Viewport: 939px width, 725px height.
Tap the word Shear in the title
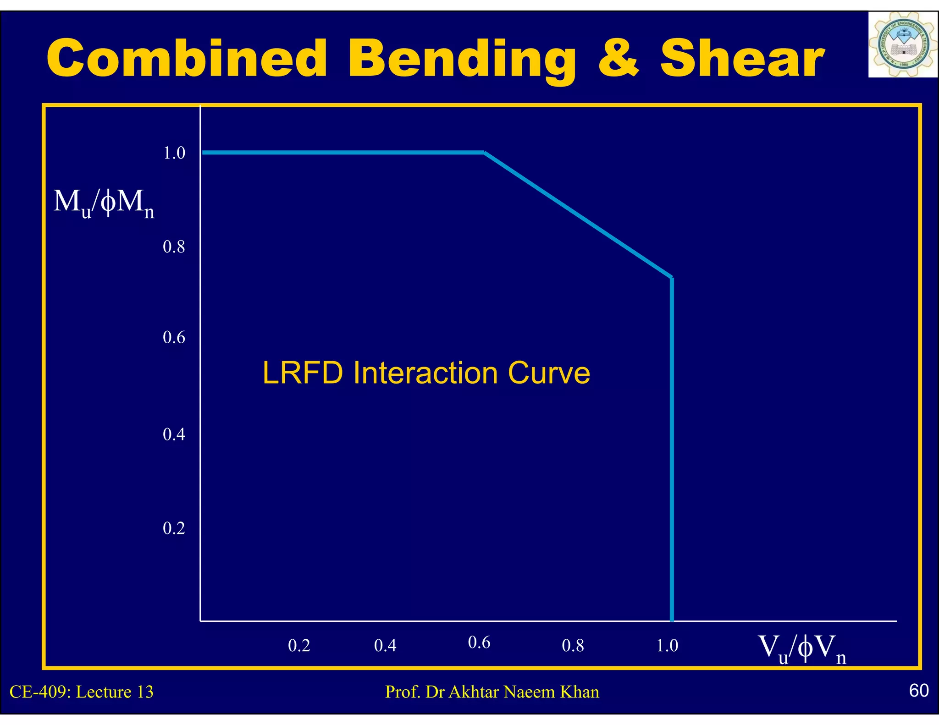tap(742, 59)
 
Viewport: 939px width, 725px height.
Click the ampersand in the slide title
tap(618, 59)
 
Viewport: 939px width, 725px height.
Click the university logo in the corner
tap(902, 45)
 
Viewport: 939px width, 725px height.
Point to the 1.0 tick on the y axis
tap(174, 153)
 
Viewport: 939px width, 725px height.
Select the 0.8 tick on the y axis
tap(174, 247)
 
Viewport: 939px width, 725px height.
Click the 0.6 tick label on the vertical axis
tap(174, 338)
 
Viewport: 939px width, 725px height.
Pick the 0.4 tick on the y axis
tap(174, 434)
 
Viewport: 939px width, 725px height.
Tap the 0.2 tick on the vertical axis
tap(174, 528)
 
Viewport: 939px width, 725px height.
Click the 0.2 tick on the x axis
tap(299, 646)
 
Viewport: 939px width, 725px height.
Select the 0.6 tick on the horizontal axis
tap(479, 643)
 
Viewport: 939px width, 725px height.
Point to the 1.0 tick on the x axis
tap(667, 646)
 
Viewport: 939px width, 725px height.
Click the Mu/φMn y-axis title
tap(104, 203)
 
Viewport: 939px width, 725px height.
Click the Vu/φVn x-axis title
tap(802, 648)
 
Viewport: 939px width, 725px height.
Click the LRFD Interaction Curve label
tap(426, 373)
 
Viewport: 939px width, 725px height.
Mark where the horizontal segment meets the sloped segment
tap(485, 153)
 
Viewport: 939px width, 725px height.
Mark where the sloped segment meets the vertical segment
tap(672, 278)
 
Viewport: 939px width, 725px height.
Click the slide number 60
tap(919, 690)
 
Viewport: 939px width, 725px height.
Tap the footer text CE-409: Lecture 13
tap(82, 692)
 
